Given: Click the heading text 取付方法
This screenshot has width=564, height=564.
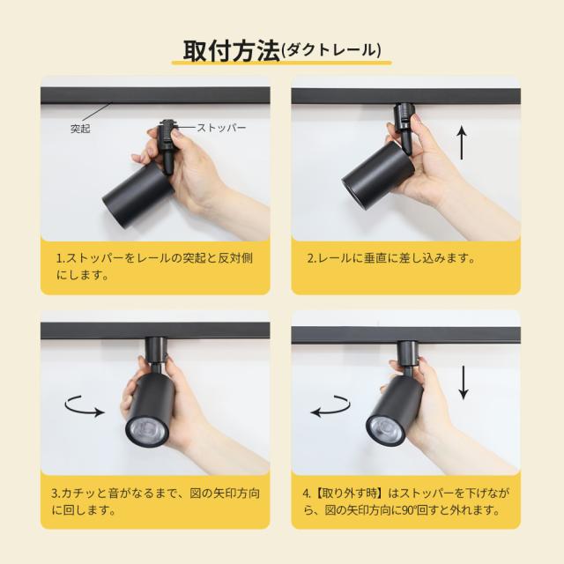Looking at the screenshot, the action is click(232, 51).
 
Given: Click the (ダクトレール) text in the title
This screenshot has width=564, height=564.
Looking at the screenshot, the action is click(331, 50).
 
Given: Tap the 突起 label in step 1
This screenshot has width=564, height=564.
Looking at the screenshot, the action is click(80, 129).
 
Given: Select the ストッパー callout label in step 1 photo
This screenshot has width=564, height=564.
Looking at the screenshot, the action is click(221, 128).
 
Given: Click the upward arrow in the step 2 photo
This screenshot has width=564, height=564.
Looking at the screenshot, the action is click(462, 144).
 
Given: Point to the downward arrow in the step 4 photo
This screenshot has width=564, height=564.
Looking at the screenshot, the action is click(464, 382).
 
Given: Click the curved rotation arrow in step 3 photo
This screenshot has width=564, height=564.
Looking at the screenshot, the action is click(85, 407).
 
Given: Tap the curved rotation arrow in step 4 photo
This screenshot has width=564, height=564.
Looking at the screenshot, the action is click(330, 406).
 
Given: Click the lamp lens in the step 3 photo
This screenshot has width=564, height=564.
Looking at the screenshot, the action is click(147, 430).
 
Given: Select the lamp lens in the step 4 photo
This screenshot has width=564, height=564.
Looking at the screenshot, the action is click(386, 427).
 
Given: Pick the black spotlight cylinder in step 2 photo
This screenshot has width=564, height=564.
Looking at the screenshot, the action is click(378, 168).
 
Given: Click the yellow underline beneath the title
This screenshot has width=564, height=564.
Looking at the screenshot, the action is click(281, 63).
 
